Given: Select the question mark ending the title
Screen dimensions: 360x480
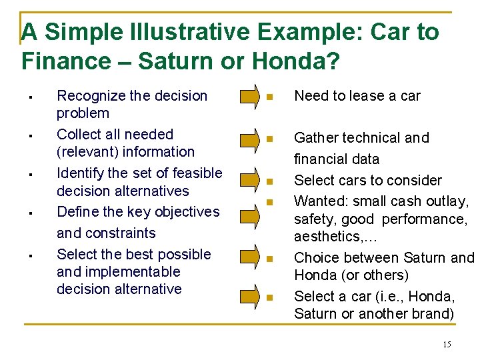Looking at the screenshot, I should pyautogui.click(x=332, y=61).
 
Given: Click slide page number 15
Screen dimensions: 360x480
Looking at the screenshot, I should pyautogui.click(x=446, y=344).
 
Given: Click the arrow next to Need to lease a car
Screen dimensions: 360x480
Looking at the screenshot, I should pyautogui.click(x=249, y=96).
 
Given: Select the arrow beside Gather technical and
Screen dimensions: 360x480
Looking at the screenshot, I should pyautogui.click(x=249, y=139).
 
